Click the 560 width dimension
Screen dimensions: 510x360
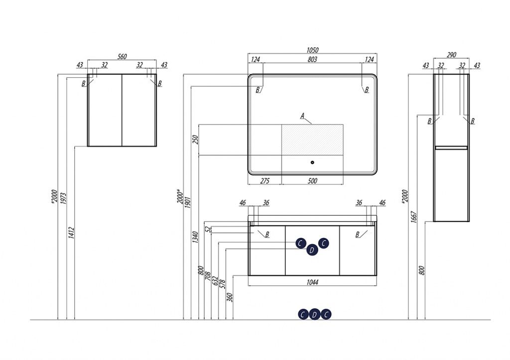tap(122, 57)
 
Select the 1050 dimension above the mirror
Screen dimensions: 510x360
tap(312, 50)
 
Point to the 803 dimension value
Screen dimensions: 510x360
tap(312, 59)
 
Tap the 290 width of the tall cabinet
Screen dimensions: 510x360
tap(451, 55)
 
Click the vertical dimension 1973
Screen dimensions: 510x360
tap(63, 198)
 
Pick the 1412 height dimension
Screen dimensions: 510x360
tap(72, 233)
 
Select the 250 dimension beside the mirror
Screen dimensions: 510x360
tap(195, 140)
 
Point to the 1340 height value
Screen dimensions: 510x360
tap(195, 237)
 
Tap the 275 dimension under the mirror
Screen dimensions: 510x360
tap(265, 181)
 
